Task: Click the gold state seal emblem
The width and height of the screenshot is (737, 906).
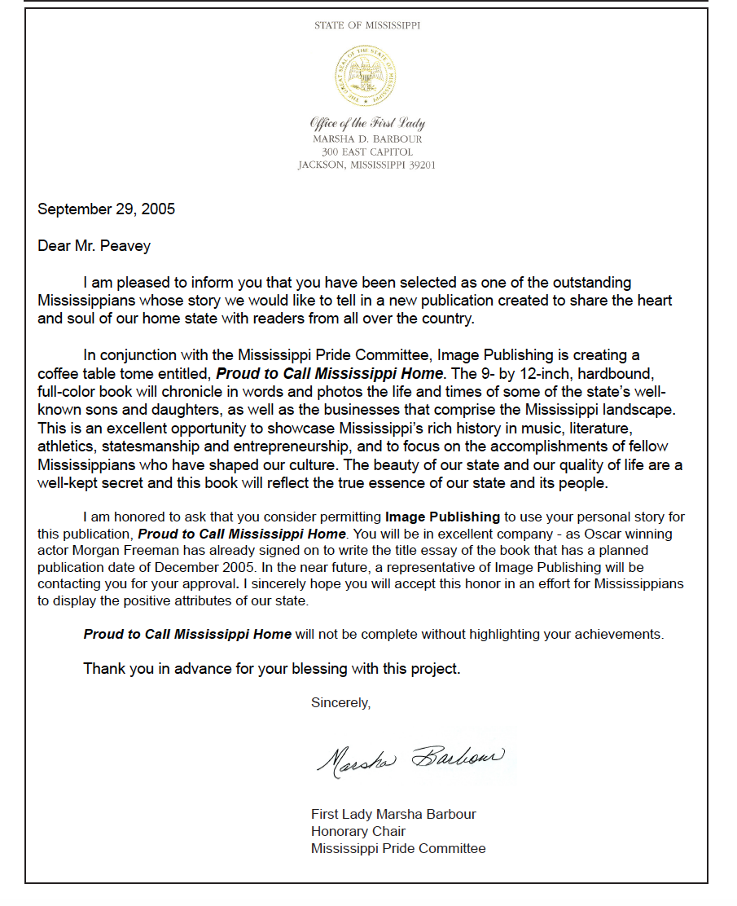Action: coord(367,77)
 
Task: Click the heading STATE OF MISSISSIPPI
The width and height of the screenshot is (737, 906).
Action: coord(367,26)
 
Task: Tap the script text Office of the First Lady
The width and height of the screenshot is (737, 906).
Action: coord(367,124)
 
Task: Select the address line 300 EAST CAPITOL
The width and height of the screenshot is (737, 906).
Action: coord(367,152)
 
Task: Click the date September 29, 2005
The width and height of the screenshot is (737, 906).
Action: coord(107,209)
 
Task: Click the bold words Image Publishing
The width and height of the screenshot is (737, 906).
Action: coord(442,517)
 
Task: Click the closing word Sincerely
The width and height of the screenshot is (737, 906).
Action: coord(340,703)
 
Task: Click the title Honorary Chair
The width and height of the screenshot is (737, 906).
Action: coord(358,831)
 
